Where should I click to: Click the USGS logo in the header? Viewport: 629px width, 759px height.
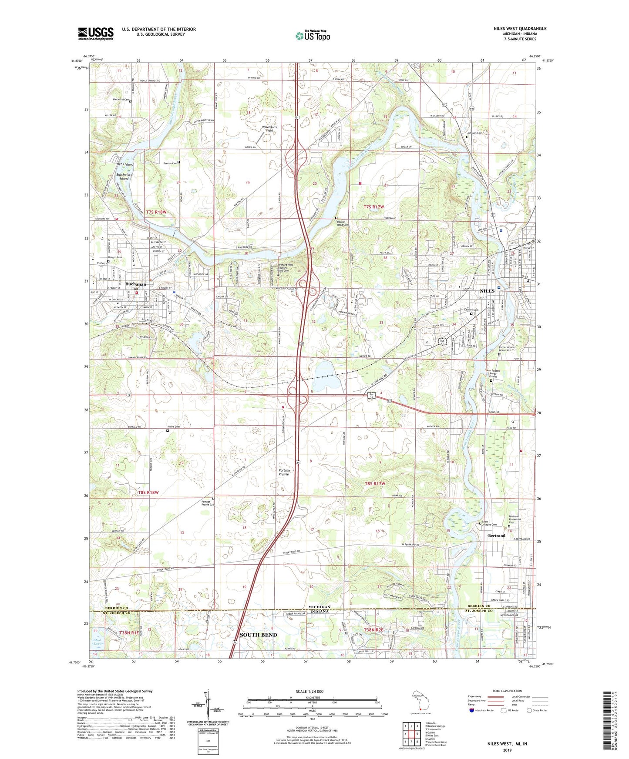pos(96,33)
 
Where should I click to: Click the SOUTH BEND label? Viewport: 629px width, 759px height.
pos(259,635)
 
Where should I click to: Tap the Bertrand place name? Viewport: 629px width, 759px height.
pos(497,536)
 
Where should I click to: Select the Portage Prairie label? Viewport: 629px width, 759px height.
pos(284,473)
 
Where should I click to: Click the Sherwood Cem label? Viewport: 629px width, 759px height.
pos(121,100)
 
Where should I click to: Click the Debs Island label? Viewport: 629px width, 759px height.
pos(125,164)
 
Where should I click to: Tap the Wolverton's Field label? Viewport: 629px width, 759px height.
pos(269,129)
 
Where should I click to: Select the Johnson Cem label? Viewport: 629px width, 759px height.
pos(474,133)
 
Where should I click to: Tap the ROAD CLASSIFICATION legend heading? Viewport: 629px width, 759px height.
pos(508,691)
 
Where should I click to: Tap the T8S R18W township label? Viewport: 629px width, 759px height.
pos(148,493)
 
